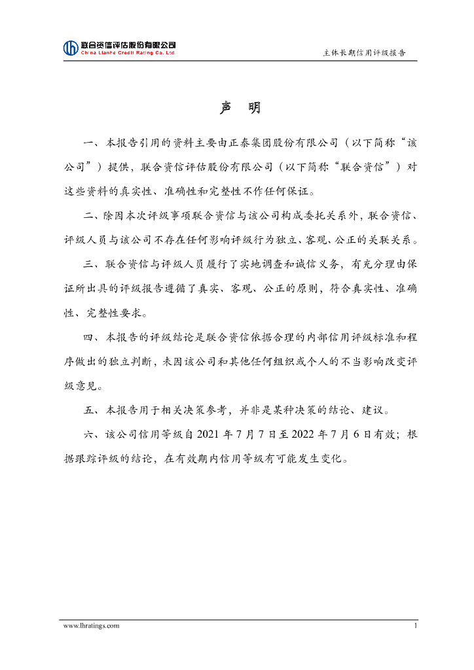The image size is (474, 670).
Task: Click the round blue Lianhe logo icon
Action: pyautogui.click(x=70, y=48)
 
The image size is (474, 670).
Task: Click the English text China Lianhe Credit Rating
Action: pyautogui.click(x=128, y=53)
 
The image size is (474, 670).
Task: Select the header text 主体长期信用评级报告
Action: pyautogui.click(x=364, y=53)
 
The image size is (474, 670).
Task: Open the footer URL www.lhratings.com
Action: pyautogui.click(x=91, y=626)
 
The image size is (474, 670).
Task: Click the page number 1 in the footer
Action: pyautogui.click(x=415, y=626)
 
